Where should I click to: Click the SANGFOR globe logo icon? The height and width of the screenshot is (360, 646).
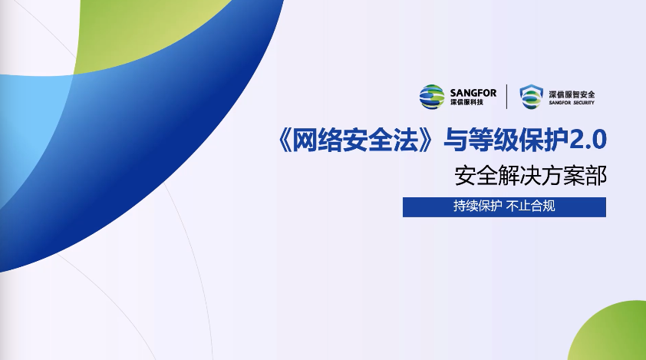click(x=432, y=97)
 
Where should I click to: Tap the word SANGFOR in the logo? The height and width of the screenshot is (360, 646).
click(x=473, y=93)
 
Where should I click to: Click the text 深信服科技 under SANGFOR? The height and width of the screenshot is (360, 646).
click(x=466, y=102)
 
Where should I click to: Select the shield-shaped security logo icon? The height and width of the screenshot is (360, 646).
click(x=531, y=97)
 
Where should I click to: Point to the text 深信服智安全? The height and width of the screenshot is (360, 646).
click(x=572, y=94)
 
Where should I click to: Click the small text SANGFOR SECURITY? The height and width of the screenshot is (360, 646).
click(x=572, y=103)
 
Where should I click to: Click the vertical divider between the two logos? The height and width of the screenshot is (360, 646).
click(x=506, y=97)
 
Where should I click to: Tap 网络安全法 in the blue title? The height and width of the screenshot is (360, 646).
click(x=358, y=140)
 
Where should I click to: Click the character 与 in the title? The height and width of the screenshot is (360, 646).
click(x=456, y=140)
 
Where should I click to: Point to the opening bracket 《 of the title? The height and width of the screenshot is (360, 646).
click(x=285, y=140)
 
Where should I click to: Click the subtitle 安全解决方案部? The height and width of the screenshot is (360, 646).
click(x=531, y=176)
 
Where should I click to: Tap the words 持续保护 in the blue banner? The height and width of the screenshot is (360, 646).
click(x=477, y=206)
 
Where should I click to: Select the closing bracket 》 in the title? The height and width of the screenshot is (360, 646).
click(x=433, y=140)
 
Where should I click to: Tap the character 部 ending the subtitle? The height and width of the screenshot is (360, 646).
click(x=596, y=176)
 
